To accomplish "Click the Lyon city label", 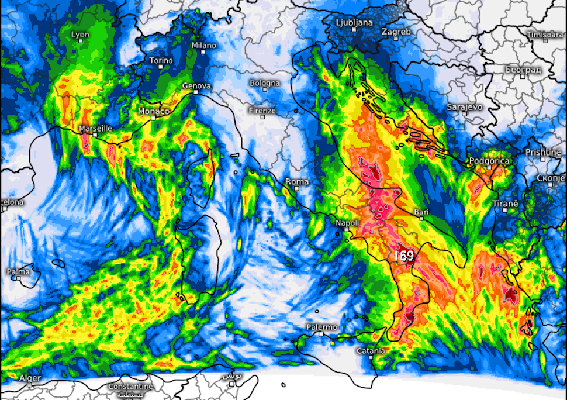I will tap(81, 35).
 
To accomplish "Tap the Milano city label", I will tap(203, 45).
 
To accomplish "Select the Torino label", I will tap(161, 60).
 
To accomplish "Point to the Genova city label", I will tap(196, 85).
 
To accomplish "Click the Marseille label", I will tap(96, 128).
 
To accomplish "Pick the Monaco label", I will tap(154, 111).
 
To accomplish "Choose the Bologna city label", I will tap(265, 83).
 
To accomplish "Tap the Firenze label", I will tap(262, 111).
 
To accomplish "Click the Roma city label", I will tap(297, 182).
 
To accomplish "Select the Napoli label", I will tap(347, 222).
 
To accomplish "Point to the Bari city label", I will tap(421, 211).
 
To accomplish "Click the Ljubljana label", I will tap(354, 23).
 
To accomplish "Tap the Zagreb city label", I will tap(396, 32).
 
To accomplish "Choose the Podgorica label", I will tap(489, 161).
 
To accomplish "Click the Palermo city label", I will tap(321, 327).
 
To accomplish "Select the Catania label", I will tap(371, 351).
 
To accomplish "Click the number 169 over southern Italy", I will tap(403, 256).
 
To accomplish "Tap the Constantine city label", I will tap(130, 387).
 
